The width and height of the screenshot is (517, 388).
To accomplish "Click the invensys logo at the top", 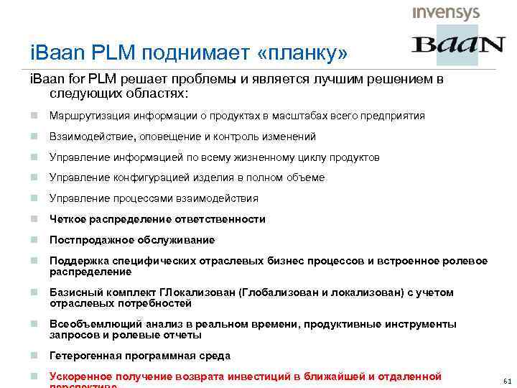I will point(446,13).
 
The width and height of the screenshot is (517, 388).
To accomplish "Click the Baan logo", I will point(458,45).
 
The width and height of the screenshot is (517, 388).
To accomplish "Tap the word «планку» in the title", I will point(306,51).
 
